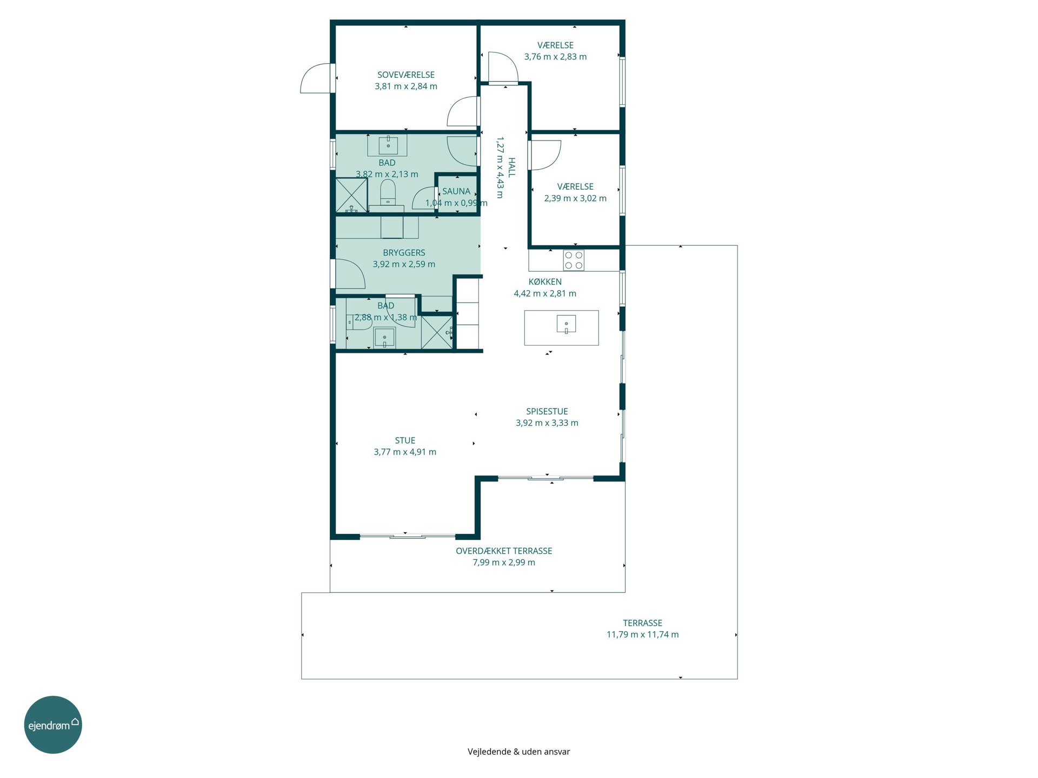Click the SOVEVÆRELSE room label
pyautogui.click(x=405, y=75)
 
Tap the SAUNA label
pyautogui.click(x=456, y=191)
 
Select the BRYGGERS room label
pyautogui.click(x=404, y=253)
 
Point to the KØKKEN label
pyautogui.click(x=545, y=282)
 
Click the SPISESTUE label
pyautogui.click(x=547, y=412)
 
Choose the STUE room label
pyautogui.click(x=405, y=441)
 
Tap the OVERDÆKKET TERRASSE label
pyautogui.click(x=504, y=551)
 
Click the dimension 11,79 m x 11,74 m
pyautogui.click(x=642, y=635)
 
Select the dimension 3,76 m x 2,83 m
pyautogui.click(x=555, y=57)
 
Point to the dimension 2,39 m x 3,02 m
pyautogui.click(x=575, y=198)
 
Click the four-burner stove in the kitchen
pyautogui.click(x=574, y=260)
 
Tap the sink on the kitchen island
pyautogui.click(x=566, y=324)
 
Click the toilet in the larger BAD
pyautogui.click(x=388, y=193)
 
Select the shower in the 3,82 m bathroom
pyautogui.click(x=351, y=194)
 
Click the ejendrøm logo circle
pyautogui.click(x=53, y=725)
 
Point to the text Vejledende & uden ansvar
pyautogui.click(x=518, y=752)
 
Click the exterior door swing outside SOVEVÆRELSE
pyautogui.click(x=316, y=79)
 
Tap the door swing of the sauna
pyautogui.click(x=424, y=198)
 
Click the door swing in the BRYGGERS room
pyautogui.click(x=350, y=274)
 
